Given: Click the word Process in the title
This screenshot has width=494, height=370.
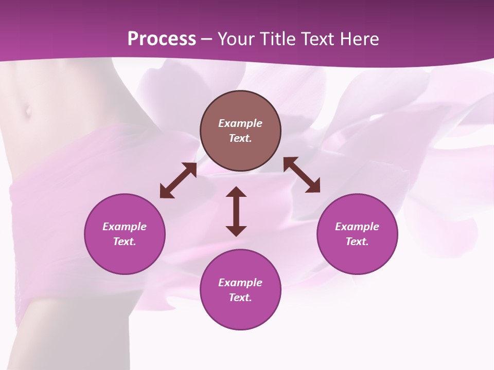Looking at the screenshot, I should point(162,39).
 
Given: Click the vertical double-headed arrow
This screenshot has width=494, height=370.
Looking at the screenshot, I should point(236,212).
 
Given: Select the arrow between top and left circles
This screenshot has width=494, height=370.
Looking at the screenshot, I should point(178,180).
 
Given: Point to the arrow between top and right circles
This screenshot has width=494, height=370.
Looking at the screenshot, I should point(302,175).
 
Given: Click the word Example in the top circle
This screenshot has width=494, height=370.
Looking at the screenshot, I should point(240,123).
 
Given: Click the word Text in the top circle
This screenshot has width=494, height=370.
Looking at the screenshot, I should point(240,138).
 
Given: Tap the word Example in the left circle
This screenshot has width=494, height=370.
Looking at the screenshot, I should point(125,227).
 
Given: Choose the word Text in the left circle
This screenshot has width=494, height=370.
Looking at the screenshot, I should point(125,242).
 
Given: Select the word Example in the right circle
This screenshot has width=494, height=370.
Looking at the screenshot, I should point(357,227).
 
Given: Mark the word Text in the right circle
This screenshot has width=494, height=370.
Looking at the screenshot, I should point(357,242).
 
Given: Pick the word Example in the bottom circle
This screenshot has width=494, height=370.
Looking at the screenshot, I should point(240,283).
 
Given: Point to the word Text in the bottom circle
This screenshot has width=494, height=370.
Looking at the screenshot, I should point(240,298).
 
